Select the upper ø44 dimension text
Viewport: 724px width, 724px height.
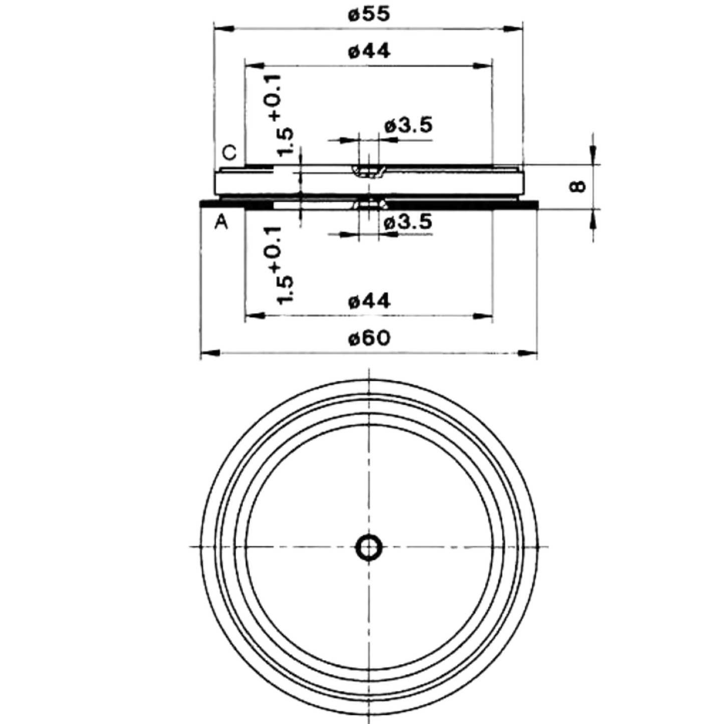pos(369,51)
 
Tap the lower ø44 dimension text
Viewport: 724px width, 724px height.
pos(369,301)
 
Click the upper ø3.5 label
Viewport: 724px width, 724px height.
pos(408,125)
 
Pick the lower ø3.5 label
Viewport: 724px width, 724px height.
pos(408,221)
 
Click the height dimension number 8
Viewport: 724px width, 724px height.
pos(578,186)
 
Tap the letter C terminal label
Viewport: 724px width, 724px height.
pos(229,153)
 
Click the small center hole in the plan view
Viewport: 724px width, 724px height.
pos(369,547)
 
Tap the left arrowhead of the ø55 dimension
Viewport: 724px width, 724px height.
pos(224,29)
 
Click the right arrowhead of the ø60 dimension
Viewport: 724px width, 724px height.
pos(527,353)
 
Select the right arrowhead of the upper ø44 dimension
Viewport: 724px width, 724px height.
pos(482,65)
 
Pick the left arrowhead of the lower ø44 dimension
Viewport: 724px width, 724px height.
pos(255,316)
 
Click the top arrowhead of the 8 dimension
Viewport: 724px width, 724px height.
pos(593,155)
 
